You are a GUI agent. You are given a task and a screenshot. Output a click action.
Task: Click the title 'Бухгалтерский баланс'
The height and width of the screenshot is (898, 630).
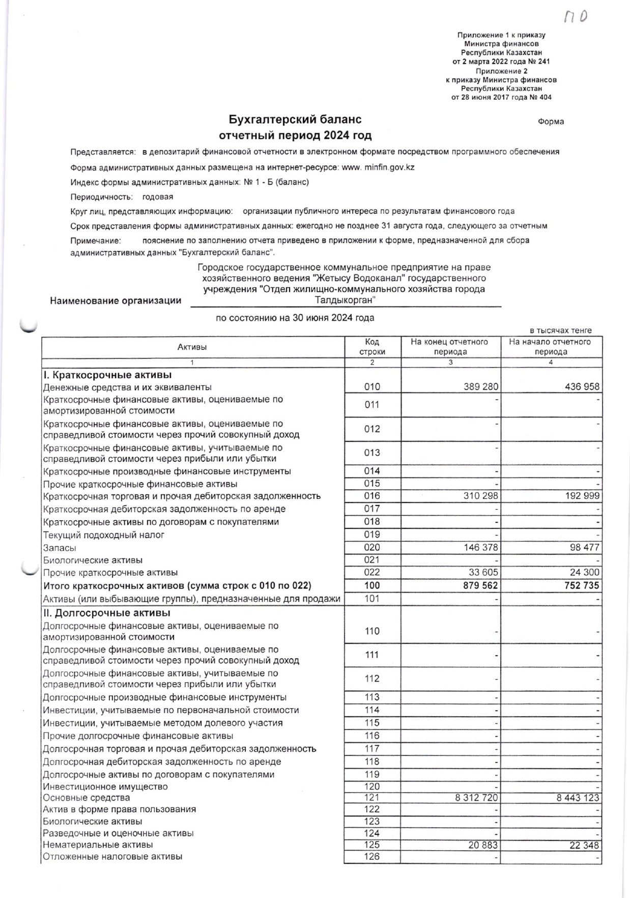point(295,120)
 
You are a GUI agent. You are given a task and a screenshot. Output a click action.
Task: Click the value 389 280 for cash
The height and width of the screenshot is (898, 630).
point(481,387)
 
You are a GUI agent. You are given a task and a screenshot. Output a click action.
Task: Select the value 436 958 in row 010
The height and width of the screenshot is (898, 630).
point(582,387)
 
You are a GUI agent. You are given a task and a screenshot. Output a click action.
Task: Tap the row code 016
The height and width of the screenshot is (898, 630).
point(372,496)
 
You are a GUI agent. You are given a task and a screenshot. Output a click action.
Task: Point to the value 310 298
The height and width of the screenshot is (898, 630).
point(480,496)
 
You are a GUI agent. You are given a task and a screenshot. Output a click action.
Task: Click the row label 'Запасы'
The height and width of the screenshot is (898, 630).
point(60,548)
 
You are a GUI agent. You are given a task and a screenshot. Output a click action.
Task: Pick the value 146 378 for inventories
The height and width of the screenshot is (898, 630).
point(480,548)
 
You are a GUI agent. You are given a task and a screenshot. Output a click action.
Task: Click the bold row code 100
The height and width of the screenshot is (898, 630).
point(372,585)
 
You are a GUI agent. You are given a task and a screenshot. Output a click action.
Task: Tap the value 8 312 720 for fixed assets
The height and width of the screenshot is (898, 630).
point(476,798)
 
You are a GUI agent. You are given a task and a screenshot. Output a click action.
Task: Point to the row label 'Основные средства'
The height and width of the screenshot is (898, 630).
point(86,798)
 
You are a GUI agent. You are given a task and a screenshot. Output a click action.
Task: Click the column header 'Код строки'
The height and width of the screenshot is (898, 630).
point(372,347)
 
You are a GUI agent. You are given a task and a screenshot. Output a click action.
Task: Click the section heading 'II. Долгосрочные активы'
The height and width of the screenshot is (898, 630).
point(106,613)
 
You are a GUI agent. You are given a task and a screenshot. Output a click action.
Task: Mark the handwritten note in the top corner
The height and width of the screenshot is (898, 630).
point(576,16)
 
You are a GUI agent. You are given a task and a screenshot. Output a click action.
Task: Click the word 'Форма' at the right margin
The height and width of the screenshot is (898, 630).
point(551,122)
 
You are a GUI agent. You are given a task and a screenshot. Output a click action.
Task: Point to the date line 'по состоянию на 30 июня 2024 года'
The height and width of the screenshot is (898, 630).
point(295,318)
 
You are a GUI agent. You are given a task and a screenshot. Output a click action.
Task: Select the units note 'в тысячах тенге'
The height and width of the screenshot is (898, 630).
point(561,330)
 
